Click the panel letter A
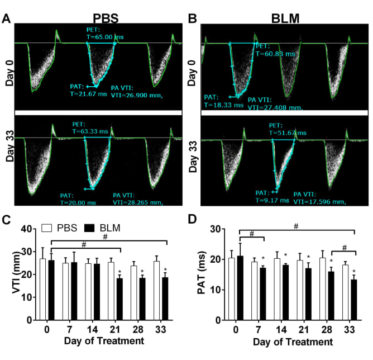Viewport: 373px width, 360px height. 7,18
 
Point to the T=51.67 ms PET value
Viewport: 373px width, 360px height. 286,132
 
